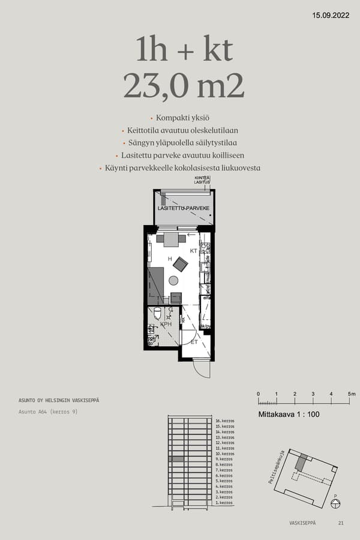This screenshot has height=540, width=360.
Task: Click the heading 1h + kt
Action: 184,50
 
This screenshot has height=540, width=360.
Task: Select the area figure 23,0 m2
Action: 184,86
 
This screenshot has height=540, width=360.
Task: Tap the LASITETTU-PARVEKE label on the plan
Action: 184,208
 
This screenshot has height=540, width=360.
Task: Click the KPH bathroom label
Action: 166,323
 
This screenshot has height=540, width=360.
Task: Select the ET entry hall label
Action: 194,342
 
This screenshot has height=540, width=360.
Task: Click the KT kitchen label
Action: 194,250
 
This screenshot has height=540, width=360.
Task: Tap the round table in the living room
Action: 173,280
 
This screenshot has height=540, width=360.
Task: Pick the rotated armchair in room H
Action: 180,263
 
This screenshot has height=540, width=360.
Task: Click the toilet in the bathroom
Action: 157,313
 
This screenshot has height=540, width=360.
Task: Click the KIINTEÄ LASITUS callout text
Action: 202,180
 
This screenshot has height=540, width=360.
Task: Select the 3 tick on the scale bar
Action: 313,394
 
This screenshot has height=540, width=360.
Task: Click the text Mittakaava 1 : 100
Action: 289,414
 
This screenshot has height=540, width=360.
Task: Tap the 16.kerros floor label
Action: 224,421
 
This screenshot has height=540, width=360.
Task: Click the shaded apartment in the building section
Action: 175,459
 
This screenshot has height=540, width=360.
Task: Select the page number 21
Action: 341,523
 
